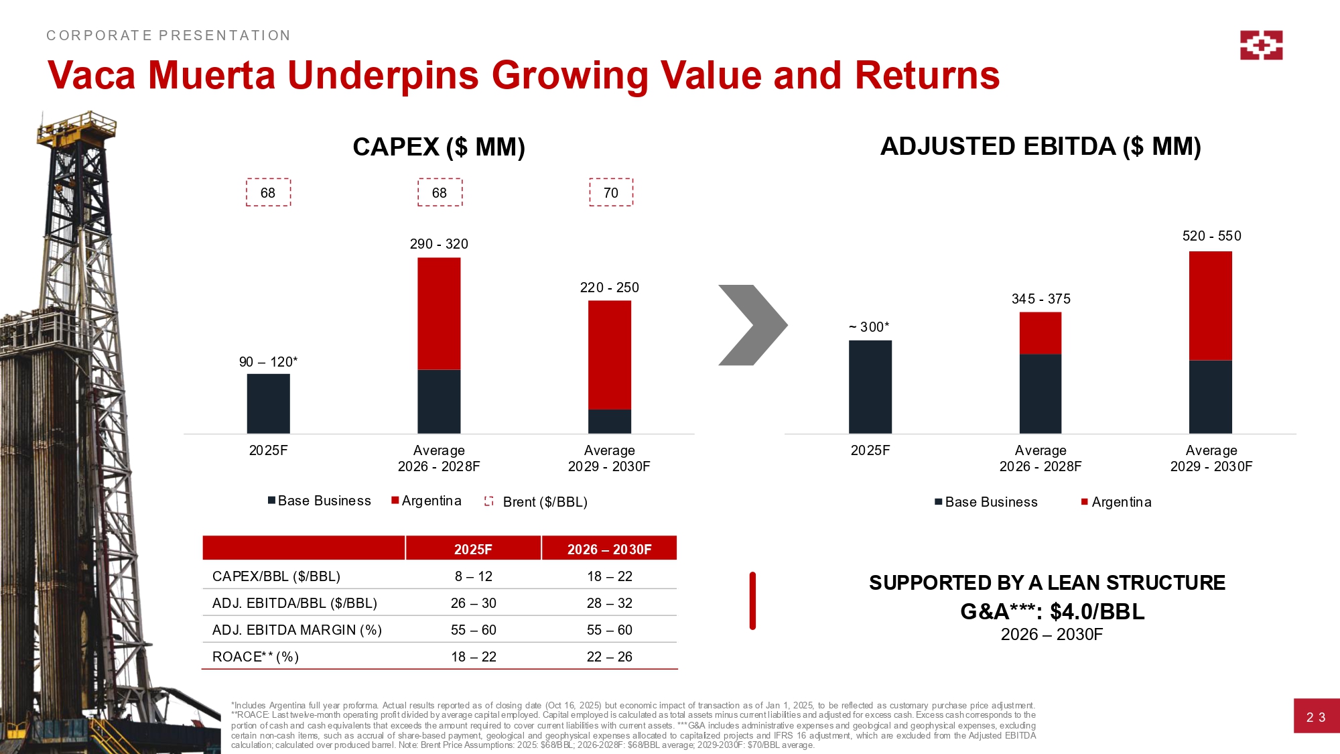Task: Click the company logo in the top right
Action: pyautogui.click(x=1261, y=45)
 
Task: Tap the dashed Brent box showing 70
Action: pyautogui.click(x=610, y=192)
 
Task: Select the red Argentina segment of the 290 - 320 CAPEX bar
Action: pyautogui.click(x=439, y=313)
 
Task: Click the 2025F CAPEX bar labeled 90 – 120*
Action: pyautogui.click(x=268, y=403)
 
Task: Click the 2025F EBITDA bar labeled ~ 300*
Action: pyautogui.click(x=870, y=387)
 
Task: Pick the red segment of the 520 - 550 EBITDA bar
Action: pyautogui.click(x=1210, y=306)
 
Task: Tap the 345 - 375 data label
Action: pyautogui.click(x=1041, y=299)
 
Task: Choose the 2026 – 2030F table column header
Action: pyautogui.click(x=609, y=549)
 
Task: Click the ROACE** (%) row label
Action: pyautogui.click(x=255, y=657)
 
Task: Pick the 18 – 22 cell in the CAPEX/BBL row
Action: pyautogui.click(x=609, y=576)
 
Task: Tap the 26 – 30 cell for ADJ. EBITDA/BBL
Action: pyautogui.click(x=473, y=603)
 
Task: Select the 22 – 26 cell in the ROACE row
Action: pyautogui.click(x=609, y=657)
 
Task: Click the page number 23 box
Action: pyautogui.click(x=1315, y=716)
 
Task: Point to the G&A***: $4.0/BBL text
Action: pyautogui.click(x=1052, y=611)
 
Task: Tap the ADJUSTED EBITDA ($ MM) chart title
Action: pyautogui.click(x=1040, y=146)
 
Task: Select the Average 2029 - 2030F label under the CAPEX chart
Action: pyautogui.click(x=609, y=458)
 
